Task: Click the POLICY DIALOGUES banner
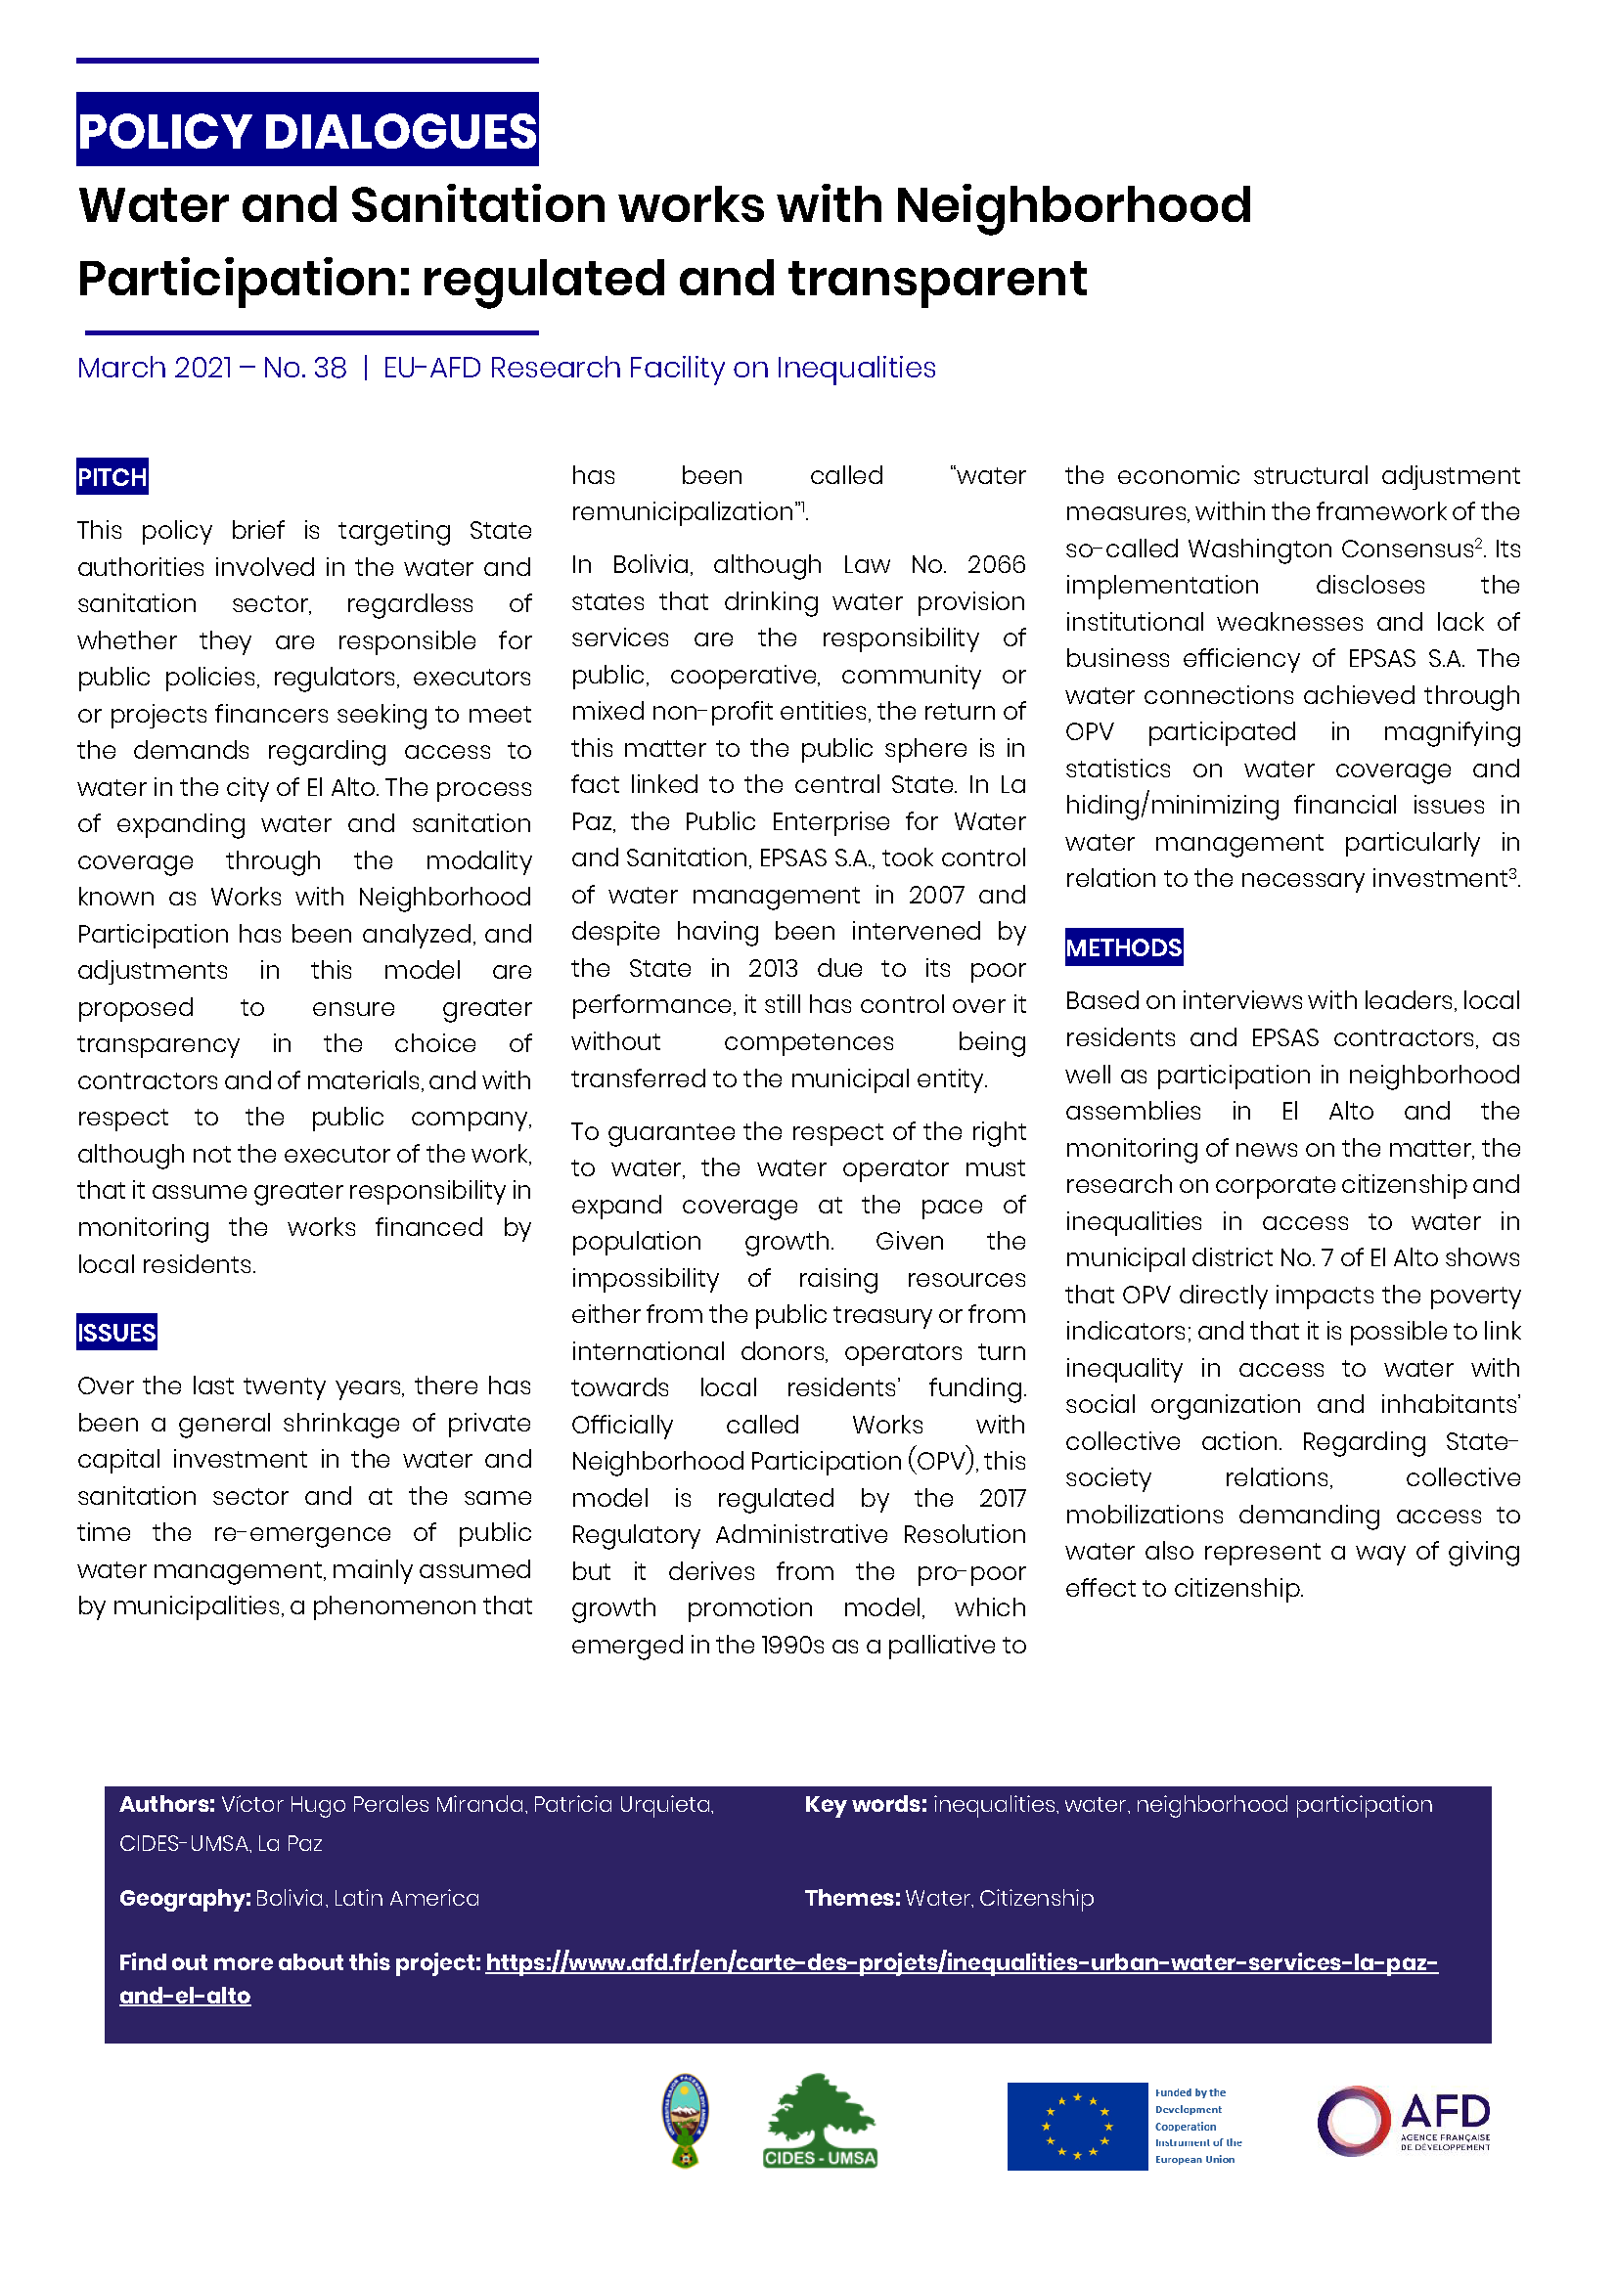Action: [307, 129]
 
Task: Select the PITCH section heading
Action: [112, 477]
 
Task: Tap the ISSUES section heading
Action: [116, 1332]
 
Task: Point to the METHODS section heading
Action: [1123, 947]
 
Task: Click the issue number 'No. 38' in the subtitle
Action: [305, 368]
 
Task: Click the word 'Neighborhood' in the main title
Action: [1072, 205]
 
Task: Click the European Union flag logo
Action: [1076, 2126]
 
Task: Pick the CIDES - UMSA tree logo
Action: [820, 2120]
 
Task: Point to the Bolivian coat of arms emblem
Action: [685, 2120]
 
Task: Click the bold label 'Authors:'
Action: [166, 1804]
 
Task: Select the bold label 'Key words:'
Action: [865, 1804]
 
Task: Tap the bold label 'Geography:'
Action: [184, 1898]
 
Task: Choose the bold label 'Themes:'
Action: [852, 1898]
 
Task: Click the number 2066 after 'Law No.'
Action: [995, 565]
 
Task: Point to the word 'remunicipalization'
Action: [682, 512]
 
